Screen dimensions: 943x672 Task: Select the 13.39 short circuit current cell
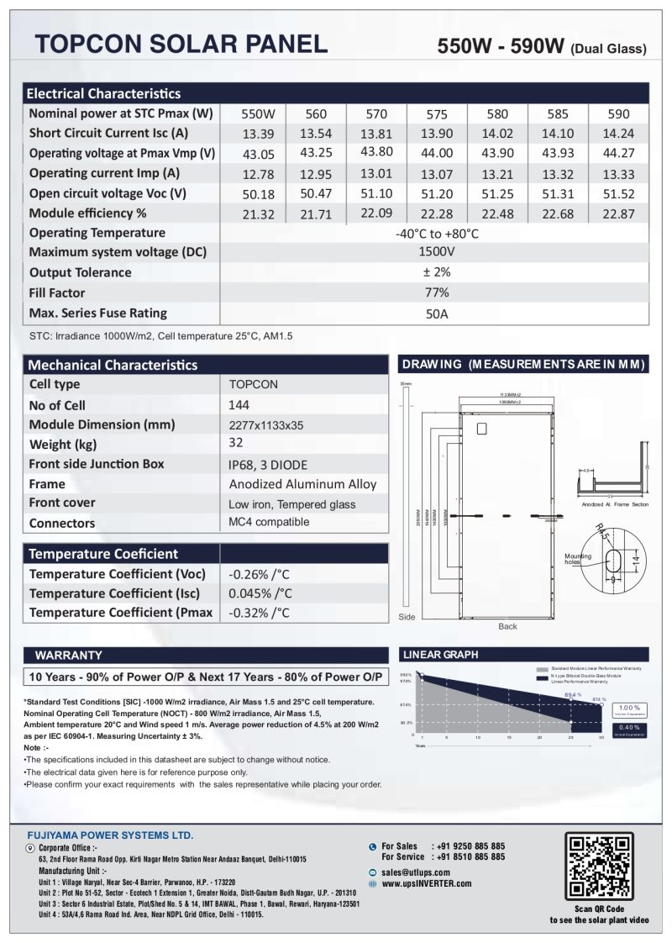(253, 134)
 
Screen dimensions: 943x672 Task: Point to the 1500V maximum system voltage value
(436, 251)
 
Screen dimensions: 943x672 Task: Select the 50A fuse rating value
(436, 313)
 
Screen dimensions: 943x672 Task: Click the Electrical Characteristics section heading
(104, 93)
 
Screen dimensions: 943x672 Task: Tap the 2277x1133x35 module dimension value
(266, 425)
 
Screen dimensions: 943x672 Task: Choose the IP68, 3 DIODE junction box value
(268, 465)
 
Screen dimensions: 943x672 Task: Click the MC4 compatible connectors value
(269, 522)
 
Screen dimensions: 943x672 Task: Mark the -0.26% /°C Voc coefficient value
(259, 575)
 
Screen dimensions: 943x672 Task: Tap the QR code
(598, 866)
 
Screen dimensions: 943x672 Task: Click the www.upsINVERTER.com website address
(427, 883)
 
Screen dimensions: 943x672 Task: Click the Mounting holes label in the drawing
(577, 559)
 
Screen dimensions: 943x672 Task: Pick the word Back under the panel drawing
(507, 626)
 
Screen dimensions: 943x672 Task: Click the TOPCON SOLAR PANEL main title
(180, 45)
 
